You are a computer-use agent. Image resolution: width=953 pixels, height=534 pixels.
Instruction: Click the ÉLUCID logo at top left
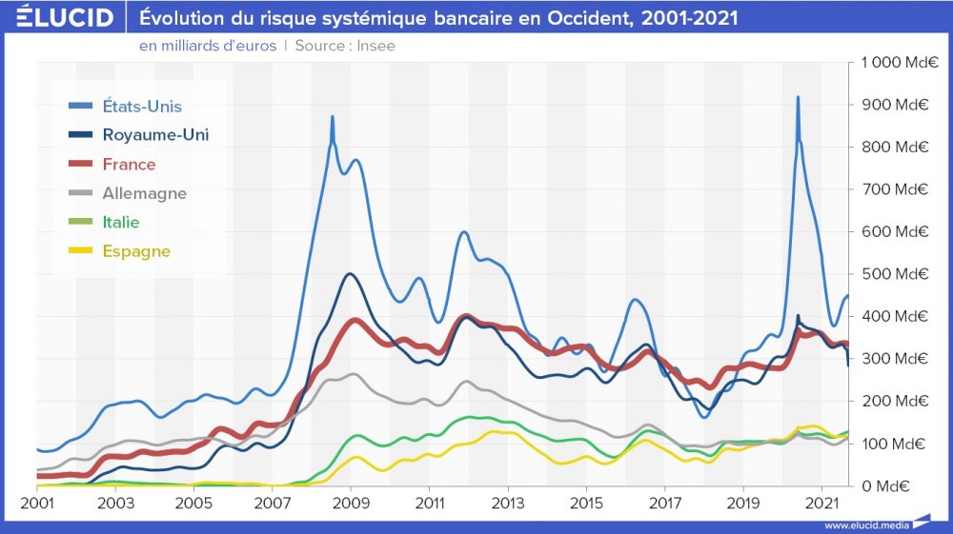pos(65,17)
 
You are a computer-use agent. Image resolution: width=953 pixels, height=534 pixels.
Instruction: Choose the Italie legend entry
pos(121,223)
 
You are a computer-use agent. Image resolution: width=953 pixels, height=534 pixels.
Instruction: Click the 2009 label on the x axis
pos(351,502)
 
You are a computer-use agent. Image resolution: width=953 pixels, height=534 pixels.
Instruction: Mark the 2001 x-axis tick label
pos(37,502)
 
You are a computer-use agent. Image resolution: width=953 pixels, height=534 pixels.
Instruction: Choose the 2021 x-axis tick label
pos(821,502)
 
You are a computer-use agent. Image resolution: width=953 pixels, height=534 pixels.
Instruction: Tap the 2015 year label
pos(586,502)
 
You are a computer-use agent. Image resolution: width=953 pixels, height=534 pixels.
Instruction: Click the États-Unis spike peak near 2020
pos(798,97)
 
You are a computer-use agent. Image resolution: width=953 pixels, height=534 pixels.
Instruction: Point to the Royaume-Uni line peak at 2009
pos(350,274)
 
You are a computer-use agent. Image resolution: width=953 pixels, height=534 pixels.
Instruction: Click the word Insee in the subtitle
pos(375,46)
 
